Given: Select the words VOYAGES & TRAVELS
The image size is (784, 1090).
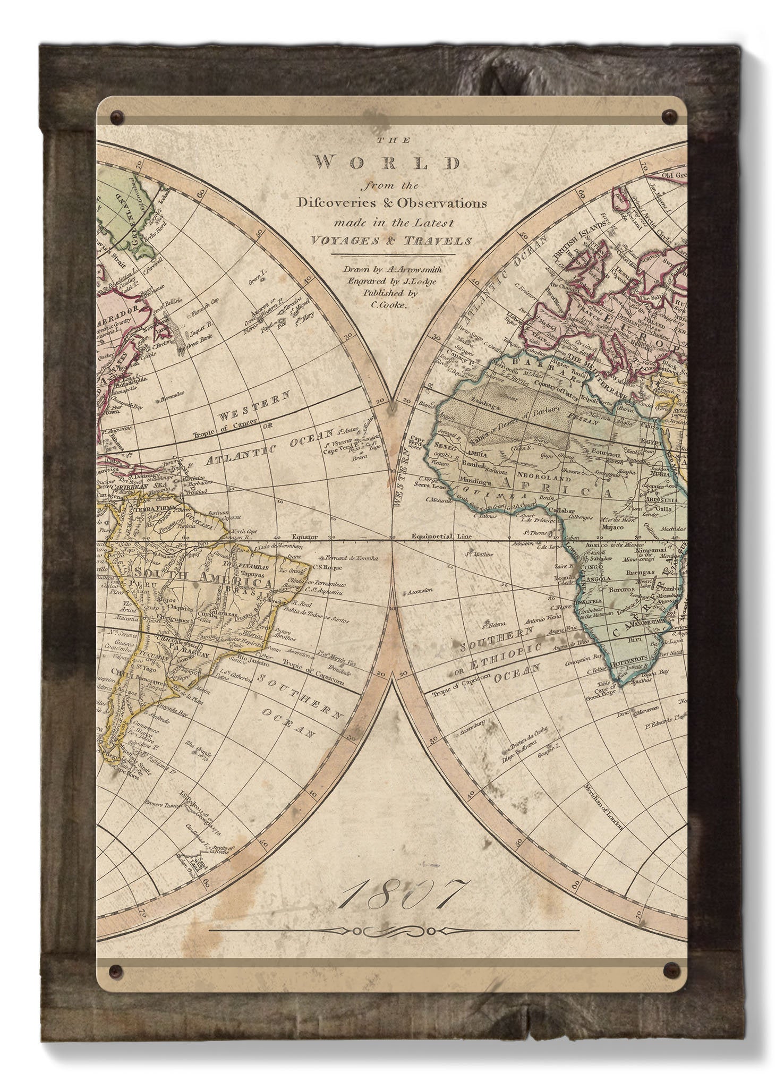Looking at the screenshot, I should pyautogui.click(x=391, y=241).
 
